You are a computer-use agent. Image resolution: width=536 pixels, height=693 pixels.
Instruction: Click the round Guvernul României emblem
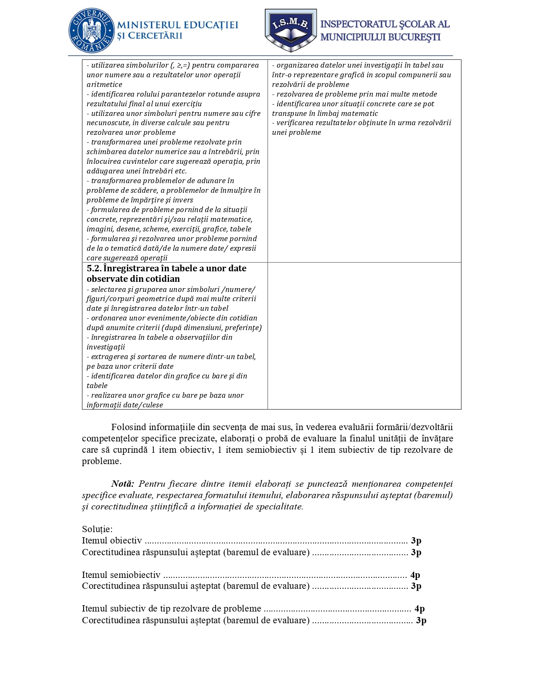91,31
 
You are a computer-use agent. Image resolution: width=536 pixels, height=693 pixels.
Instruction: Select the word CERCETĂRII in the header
155,36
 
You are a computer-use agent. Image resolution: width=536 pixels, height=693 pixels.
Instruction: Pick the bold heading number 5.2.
94,268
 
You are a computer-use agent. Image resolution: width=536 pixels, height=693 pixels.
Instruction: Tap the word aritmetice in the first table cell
104,84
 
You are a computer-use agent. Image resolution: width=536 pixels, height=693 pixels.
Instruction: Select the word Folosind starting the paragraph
128,427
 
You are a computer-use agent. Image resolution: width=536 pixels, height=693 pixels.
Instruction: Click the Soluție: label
97,529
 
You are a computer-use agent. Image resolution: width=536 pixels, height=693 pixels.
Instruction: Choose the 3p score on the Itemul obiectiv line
416,541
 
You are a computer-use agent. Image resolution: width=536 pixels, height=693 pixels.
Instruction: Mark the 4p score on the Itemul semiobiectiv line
415,575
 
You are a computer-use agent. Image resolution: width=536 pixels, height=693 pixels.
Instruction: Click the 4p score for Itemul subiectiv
420,609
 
